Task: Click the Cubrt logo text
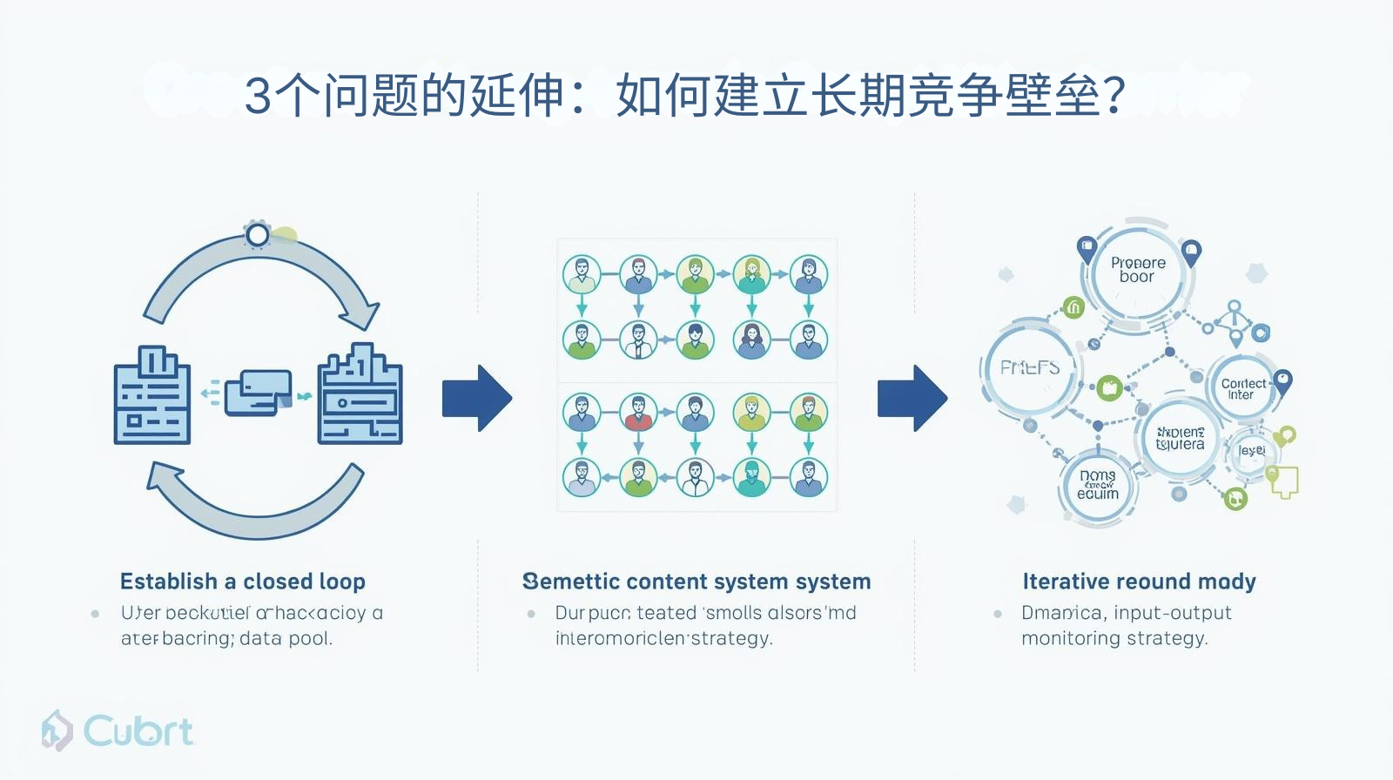point(138,731)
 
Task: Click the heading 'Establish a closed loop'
point(243,582)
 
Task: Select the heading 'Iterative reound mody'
point(1139,582)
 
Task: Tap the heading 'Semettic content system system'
point(696,582)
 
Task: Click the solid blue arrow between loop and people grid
point(476,399)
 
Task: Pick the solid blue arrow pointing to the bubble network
point(912,399)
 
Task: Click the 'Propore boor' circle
point(1137,270)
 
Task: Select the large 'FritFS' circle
point(1030,368)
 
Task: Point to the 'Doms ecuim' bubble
point(1097,486)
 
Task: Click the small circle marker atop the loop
point(258,234)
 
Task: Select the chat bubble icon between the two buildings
point(258,393)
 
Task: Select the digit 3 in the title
point(258,96)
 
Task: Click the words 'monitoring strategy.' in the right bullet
point(1114,638)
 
